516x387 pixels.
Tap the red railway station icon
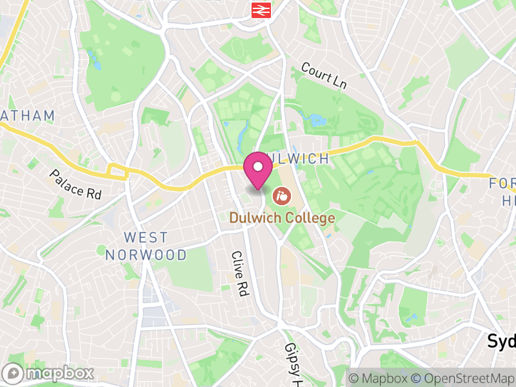point(261,10)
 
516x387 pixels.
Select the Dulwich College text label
point(283,218)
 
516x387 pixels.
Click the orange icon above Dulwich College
point(281,193)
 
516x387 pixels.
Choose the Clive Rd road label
point(239,273)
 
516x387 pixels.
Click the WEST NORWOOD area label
point(146,246)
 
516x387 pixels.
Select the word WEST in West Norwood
point(146,238)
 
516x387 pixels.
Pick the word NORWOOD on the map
point(146,255)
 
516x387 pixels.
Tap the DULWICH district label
point(300,159)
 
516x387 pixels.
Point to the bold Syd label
point(501,341)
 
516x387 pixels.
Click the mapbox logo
point(48,373)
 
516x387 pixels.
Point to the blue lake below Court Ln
point(318,120)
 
